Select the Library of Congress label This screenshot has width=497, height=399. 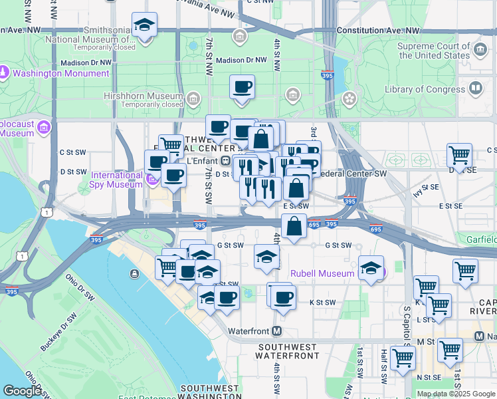(425, 89)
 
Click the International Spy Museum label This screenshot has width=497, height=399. (117, 180)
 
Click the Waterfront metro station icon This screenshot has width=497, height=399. (276, 331)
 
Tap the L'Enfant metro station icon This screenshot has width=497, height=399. (226, 160)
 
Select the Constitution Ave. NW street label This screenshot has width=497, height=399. (378, 31)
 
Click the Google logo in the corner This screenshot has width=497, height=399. (22, 391)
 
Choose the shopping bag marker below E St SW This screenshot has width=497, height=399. (294, 226)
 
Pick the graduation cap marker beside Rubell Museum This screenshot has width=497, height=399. (371, 268)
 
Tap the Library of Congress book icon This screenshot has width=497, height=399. (476, 88)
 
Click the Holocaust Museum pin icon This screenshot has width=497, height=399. (45, 126)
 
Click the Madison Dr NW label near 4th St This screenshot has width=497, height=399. (241, 60)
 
